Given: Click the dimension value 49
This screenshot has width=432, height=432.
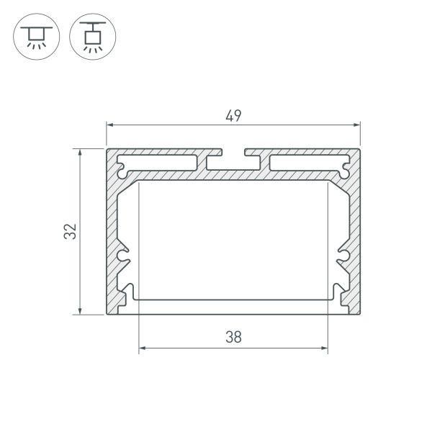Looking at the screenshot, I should tap(233, 115).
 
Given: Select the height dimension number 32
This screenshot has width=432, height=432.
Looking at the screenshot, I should tap(70, 231).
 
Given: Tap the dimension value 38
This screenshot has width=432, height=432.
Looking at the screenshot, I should tap(233, 336).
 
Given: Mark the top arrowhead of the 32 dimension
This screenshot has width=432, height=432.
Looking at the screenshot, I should tap(80, 153).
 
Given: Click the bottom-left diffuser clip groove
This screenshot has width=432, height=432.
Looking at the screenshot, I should tap(130, 293).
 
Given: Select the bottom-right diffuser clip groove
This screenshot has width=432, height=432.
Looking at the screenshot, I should tap(336, 293).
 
